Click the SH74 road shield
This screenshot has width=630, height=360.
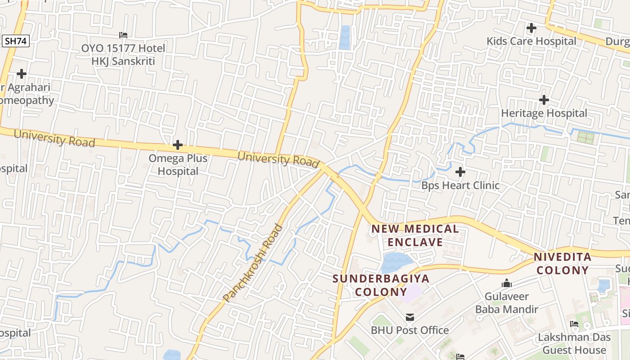(x=16, y=41)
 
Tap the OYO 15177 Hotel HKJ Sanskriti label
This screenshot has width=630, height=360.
(x=123, y=54)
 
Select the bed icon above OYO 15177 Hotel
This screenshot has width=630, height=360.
(x=123, y=35)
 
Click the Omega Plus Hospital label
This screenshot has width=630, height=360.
(x=178, y=165)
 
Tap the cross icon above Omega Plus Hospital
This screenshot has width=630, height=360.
(x=178, y=145)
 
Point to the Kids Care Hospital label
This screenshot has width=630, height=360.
(x=531, y=41)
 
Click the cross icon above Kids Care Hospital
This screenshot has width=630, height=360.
(x=531, y=28)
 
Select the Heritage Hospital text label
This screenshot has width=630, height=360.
(x=544, y=113)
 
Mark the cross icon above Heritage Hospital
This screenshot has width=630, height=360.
(x=544, y=99)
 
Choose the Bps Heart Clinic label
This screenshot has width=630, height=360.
(x=460, y=185)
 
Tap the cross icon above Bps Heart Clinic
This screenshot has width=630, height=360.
(x=460, y=172)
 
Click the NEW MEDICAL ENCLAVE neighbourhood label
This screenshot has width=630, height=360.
(x=415, y=235)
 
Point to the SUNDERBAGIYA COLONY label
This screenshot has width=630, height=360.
(x=381, y=285)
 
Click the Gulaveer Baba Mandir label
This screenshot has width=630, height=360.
(x=507, y=303)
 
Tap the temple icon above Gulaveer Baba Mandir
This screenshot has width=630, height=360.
(x=507, y=283)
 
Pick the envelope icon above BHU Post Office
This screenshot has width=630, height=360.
(x=409, y=317)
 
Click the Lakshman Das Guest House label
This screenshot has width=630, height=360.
(x=574, y=343)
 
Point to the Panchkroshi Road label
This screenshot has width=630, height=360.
(x=253, y=263)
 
